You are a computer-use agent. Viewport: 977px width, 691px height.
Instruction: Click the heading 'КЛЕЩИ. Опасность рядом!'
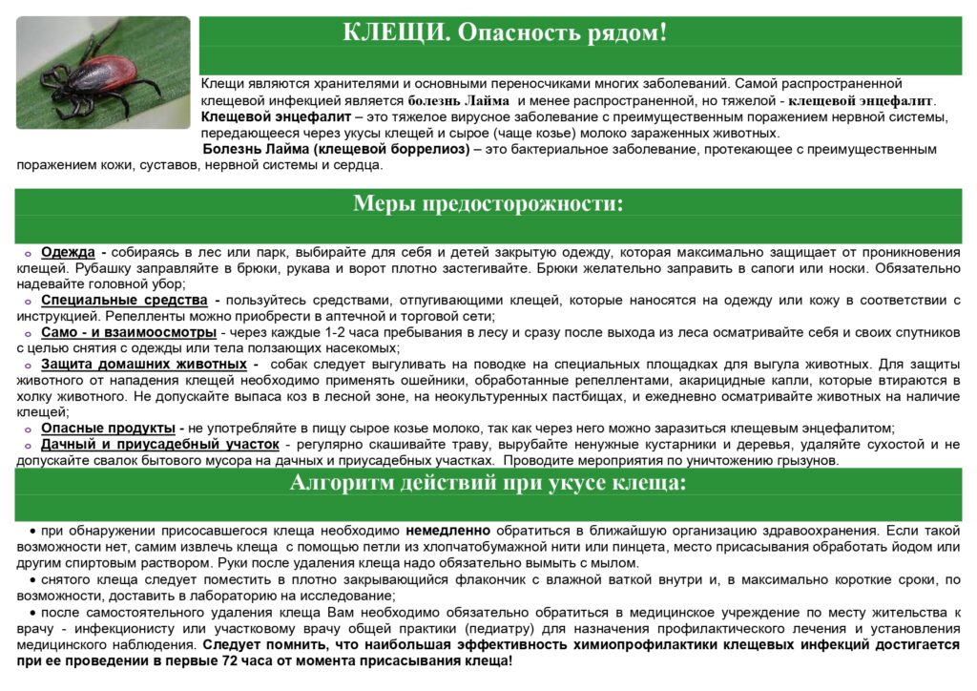[505, 32]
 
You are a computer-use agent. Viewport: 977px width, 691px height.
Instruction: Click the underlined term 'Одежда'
[68, 252]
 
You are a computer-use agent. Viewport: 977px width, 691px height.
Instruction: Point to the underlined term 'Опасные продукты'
[108, 429]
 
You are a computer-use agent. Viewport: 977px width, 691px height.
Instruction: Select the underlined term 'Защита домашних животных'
[144, 365]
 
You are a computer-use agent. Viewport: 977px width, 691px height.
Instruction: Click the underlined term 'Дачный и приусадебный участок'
[160, 445]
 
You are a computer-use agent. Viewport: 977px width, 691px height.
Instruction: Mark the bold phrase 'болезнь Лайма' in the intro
[462, 100]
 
